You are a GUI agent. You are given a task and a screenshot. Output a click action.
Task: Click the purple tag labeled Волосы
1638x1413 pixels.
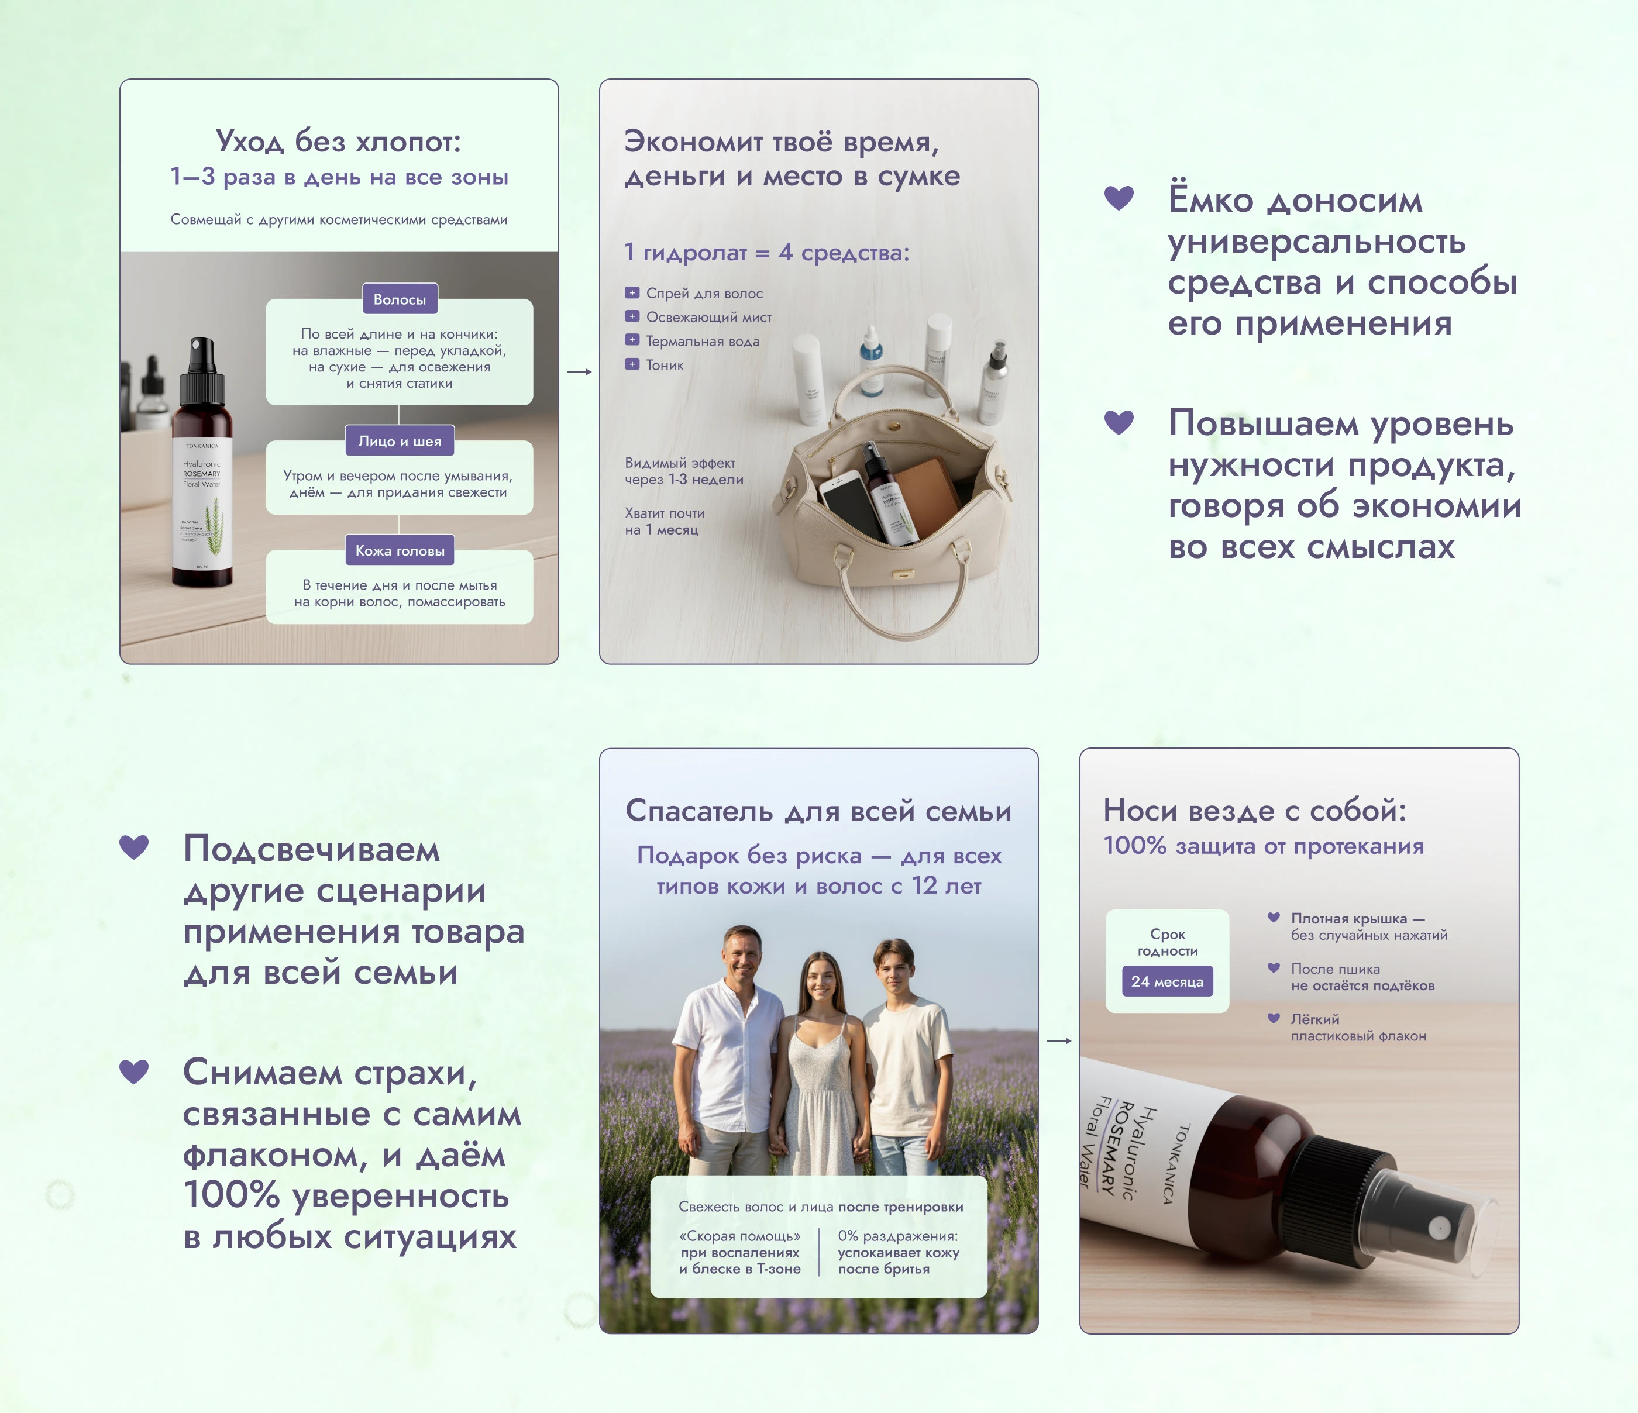(x=399, y=299)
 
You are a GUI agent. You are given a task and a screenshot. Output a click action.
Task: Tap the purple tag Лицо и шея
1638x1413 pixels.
(x=399, y=441)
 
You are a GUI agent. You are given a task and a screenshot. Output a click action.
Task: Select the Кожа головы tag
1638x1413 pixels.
(x=399, y=551)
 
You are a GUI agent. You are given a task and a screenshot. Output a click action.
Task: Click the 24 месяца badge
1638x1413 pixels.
(x=1167, y=981)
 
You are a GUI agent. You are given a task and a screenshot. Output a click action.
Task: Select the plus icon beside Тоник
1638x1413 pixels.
(x=632, y=364)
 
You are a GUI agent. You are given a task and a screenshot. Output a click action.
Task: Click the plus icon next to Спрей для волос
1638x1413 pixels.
(x=632, y=293)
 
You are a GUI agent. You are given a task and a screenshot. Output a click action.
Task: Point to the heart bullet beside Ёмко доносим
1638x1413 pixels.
(x=1119, y=198)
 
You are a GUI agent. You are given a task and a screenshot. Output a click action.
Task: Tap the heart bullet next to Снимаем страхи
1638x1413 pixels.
(x=133, y=1071)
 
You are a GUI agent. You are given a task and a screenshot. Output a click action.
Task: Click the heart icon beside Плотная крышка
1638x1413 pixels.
(x=1274, y=918)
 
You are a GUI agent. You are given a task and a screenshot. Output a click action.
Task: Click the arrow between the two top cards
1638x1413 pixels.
(x=580, y=371)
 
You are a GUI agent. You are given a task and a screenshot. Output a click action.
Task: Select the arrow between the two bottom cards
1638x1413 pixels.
(x=1058, y=1041)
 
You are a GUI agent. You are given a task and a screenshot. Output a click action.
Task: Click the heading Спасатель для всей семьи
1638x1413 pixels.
(x=818, y=811)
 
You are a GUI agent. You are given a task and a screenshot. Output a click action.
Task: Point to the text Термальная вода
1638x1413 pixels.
(x=702, y=342)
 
